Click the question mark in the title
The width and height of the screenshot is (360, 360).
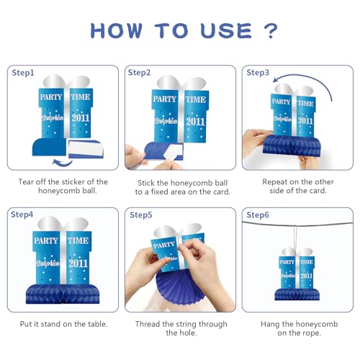click(271, 31)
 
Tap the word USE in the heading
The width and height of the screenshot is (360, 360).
click(226, 31)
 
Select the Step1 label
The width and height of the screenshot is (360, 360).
click(23, 73)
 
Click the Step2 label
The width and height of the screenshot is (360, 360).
click(139, 73)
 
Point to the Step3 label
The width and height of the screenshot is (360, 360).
click(258, 73)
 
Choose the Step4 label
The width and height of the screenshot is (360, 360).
click(22, 215)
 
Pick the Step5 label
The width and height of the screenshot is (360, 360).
click(141, 215)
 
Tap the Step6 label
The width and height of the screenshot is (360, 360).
click(258, 215)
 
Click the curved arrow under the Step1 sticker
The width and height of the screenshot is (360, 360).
click(62, 163)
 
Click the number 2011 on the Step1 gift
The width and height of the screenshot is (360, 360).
click(81, 118)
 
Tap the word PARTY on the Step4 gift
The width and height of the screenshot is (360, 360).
click(46, 240)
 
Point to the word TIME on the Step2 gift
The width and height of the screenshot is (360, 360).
click(196, 99)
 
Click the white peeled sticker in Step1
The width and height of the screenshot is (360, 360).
click(86, 148)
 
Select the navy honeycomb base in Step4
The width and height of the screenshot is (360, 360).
click(63, 294)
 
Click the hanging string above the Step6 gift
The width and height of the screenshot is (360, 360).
click(295, 238)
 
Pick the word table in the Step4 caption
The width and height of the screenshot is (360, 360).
click(97, 324)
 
